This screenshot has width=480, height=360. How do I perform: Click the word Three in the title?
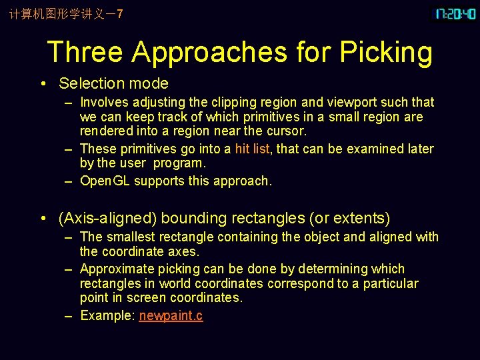coord(85,52)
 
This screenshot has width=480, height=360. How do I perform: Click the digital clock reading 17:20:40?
coord(456,14)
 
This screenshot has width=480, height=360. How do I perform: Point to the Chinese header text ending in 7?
coord(66,14)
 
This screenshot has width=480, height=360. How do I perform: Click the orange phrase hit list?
coord(253,149)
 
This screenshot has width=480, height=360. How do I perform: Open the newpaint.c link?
coord(171,315)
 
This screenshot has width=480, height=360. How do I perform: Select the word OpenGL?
coord(105,181)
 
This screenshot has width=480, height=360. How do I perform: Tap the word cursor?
coord(287,131)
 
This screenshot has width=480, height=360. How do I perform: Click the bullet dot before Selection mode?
coord(42,84)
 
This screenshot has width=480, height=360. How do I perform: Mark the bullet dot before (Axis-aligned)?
coord(42,219)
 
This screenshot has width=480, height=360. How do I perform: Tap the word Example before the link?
coord(106,315)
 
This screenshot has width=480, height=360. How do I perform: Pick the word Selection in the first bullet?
coord(88,83)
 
